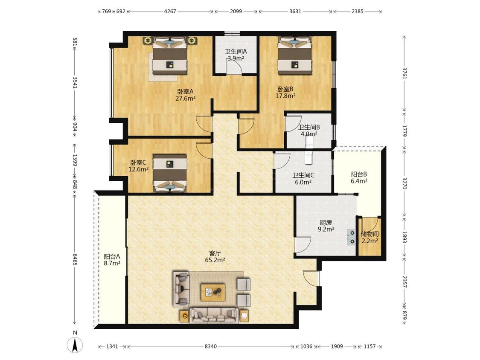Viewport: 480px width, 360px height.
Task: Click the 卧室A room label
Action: pyautogui.click(x=186, y=92)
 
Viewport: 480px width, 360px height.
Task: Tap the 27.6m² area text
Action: pyautogui.click(x=186, y=99)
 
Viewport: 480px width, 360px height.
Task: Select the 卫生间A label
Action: pyautogui.click(x=236, y=52)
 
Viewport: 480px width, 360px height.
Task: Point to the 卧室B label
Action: pyautogui.click(x=285, y=89)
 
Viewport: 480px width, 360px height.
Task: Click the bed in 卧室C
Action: pyautogui.click(x=170, y=173)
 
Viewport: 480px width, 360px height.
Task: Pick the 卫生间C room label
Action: pyautogui.click(x=303, y=175)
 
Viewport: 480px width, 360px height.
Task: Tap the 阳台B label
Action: pyautogui.click(x=359, y=174)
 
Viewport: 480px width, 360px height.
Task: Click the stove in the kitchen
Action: pyautogui.click(x=351, y=237)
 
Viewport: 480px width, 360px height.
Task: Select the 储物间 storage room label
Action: pyautogui.click(x=370, y=234)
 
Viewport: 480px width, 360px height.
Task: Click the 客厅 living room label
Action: pyautogui.click(x=215, y=253)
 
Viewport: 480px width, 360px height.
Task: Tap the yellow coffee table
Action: pyautogui.click(x=213, y=292)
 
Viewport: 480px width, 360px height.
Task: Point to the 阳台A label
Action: pyautogui.click(x=112, y=256)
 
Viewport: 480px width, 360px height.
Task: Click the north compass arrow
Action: pyautogui.click(x=75, y=345)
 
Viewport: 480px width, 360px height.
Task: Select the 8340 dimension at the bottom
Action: pyautogui.click(x=211, y=346)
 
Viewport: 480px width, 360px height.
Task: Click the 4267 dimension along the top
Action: pyautogui.click(x=170, y=12)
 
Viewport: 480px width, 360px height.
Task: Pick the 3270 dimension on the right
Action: pyautogui.click(x=405, y=183)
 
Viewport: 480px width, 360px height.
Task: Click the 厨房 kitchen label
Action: pyautogui.click(x=326, y=223)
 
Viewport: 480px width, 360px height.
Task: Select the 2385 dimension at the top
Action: pyautogui.click(x=357, y=12)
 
